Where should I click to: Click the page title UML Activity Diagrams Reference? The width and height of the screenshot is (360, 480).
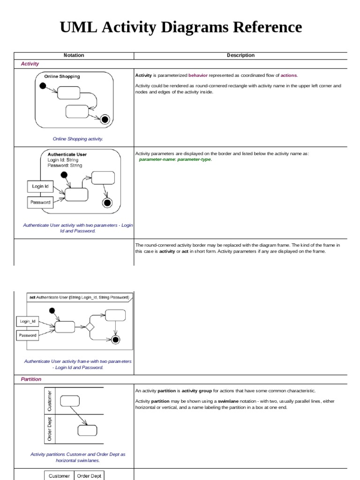(x=180, y=28)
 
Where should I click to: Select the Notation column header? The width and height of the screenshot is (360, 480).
(x=74, y=55)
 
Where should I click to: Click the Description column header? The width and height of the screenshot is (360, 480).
(x=240, y=55)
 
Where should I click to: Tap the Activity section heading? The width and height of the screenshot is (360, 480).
(x=30, y=64)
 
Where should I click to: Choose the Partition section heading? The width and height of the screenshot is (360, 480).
(x=31, y=379)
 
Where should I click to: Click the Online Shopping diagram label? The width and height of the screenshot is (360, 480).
(x=62, y=76)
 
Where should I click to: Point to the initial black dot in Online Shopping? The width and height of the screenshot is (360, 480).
(x=43, y=86)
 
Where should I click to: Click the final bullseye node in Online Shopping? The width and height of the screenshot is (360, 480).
(x=105, y=120)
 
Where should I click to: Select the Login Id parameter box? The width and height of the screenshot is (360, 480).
(x=40, y=186)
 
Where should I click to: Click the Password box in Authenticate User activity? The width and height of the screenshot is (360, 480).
(x=40, y=202)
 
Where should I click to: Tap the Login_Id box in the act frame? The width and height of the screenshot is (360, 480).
(x=28, y=322)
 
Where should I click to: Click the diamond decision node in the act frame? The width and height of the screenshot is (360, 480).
(x=90, y=327)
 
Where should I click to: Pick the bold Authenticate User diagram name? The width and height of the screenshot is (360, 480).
(x=67, y=154)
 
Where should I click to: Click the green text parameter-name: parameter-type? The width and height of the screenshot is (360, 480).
(x=175, y=159)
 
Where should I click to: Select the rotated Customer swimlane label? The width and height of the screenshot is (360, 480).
(x=50, y=401)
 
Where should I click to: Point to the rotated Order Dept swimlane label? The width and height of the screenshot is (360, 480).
(x=50, y=429)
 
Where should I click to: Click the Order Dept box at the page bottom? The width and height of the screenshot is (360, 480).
(x=89, y=476)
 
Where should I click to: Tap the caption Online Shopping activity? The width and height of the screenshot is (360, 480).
(x=78, y=139)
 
